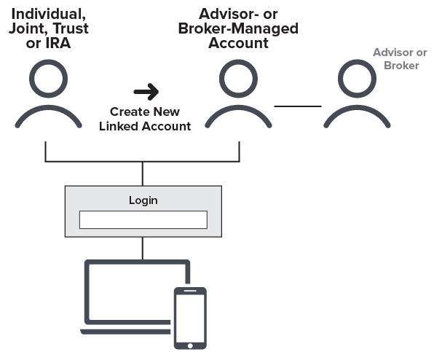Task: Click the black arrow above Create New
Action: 146,92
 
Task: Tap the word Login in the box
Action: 143,200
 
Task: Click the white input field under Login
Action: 143,219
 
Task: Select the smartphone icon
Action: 189,317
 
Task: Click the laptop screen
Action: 135,291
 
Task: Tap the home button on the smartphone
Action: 189,344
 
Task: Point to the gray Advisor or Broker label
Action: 400,58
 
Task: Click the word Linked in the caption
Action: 122,126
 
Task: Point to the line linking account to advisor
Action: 297,106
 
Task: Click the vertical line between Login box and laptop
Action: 143,248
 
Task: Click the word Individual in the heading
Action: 45,15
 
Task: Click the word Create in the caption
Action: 125,112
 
